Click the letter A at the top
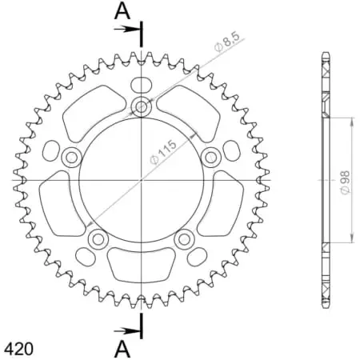[x=121, y=10]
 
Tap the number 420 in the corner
[x=17, y=349]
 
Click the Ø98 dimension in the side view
[x=343, y=181]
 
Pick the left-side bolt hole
[x=71, y=156]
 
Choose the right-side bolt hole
[x=212, y=156]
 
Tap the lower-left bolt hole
[x=98, y=238]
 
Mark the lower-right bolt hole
[x=185, y=238]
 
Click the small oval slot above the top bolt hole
[x=142, y=85]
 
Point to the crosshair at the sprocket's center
[x=142, y=180]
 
